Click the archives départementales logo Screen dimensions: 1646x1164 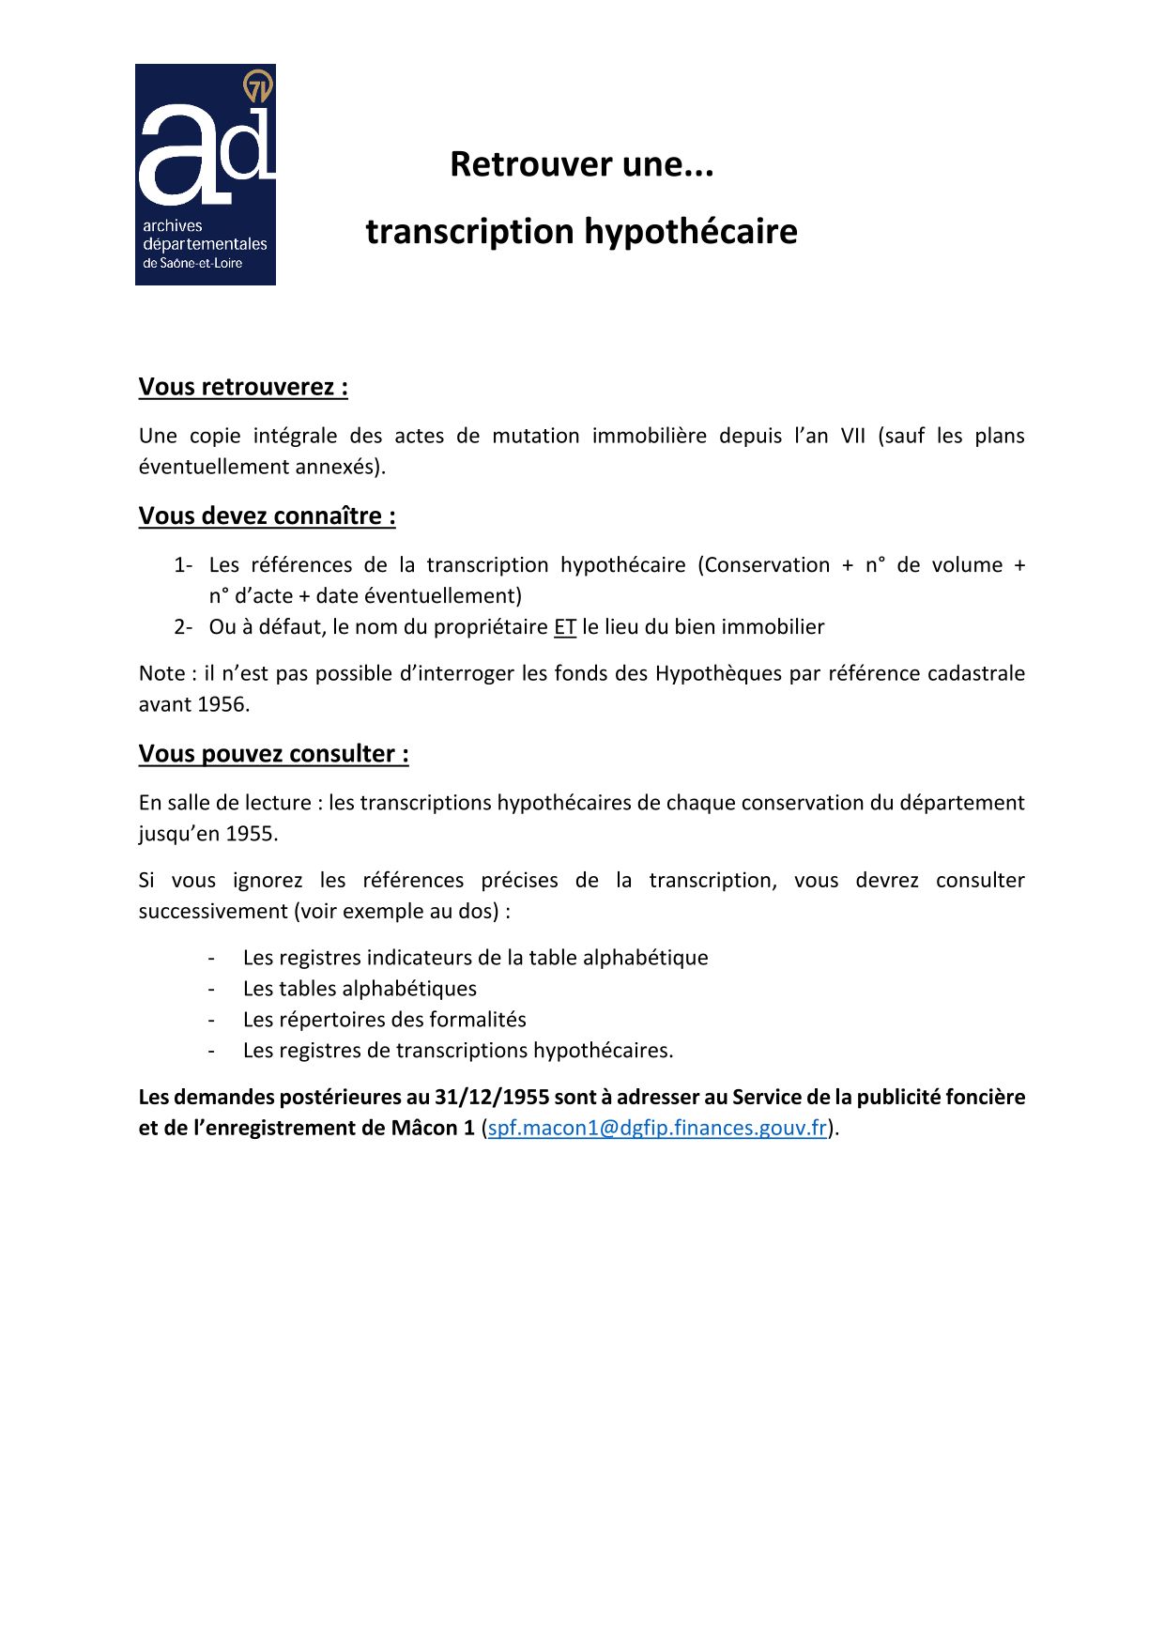pyautogui.click(x=205, y=175)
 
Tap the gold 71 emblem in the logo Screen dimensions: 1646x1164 pyautogui.click(x=257, y=86)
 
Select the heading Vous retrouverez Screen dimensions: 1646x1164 pyautogui.click(x=243, y=387)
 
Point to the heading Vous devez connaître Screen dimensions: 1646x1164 pyautogui.click(x=267, y=515)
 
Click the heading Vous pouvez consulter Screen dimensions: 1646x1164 pyautogui.click(x=273, y=753)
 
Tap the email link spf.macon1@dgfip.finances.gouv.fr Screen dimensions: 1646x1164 pyautogui.click(x=657, y=1128)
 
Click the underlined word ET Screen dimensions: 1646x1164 pyautogui.click(x=564, y=626)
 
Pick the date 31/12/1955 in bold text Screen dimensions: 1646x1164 pyautogui.click(x=491, y=1097)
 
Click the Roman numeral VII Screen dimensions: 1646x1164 pyautogui.click(x=852, y=436)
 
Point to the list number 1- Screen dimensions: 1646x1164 pyautogui.click(x=183, y=565)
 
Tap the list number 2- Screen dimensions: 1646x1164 pyautogui.click(x=183, y=626)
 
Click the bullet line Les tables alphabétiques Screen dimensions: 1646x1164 pyautogui.click(x=360, y=988)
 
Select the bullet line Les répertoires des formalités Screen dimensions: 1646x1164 pyautogui.click(x=384, y=1019)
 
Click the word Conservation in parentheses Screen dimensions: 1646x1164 pyautogui.click(x=767, y=565)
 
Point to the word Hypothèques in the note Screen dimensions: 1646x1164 pyautogui.click(x=719, y=673)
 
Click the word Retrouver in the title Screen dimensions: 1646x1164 pyautogui.click(x=517, y=164)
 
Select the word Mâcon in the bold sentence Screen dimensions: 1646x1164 pyautogui.click(x=426, y=1128)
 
